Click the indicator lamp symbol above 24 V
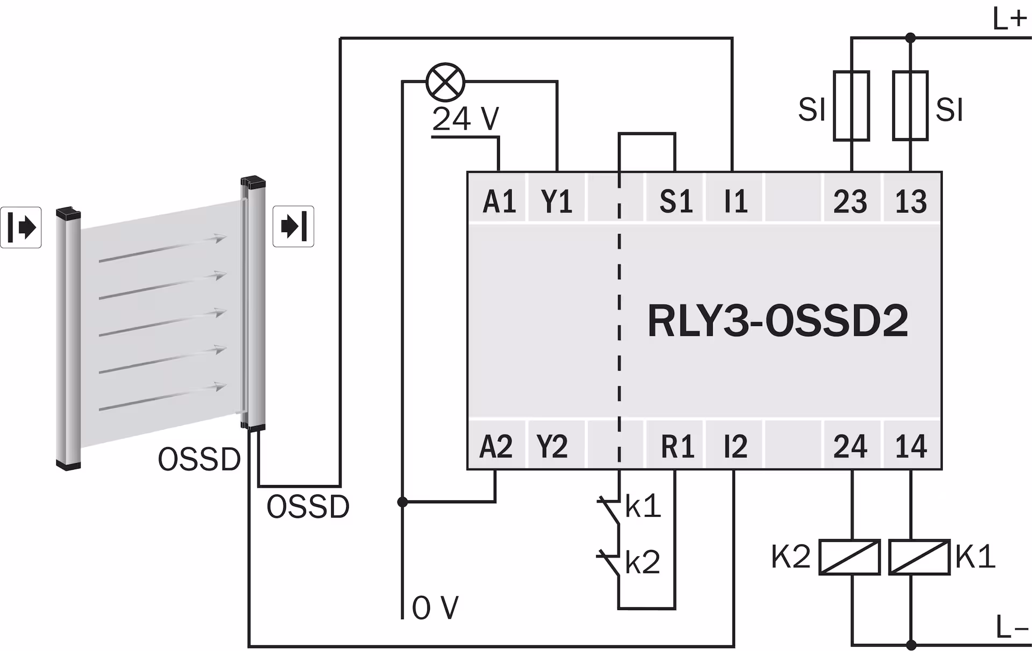[x=445, y=82]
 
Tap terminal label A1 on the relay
[x=499, y=202]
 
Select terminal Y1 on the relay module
[x=557, y=202]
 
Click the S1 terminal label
[x=676, y=202]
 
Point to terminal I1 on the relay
[x=735, y=202]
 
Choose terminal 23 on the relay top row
[x=850, y=202]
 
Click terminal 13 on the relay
[x=911, y=202]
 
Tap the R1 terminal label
[x=677, y=447]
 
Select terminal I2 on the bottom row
[x=735, y=447]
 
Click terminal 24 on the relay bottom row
[x=850, y=447]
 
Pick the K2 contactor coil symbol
[x=849, y=557]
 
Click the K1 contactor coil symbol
[x=919, y=557]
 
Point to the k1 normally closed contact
[x=612, y=511]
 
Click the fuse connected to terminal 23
[x=851, y=106]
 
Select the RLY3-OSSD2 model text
[x=777, y=321]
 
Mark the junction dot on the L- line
[x=911, y=645]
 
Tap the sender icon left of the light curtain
[x=21, y=228]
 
